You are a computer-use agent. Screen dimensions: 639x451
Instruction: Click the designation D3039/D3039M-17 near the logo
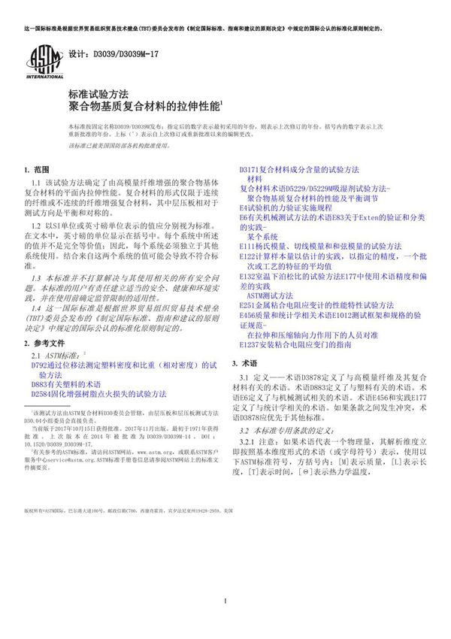[113, 56]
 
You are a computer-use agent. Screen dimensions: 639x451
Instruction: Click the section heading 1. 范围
[36, 170]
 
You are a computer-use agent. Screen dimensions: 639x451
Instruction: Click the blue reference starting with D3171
[298, 170]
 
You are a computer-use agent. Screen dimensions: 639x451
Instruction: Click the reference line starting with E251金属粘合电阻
[316, 304]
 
